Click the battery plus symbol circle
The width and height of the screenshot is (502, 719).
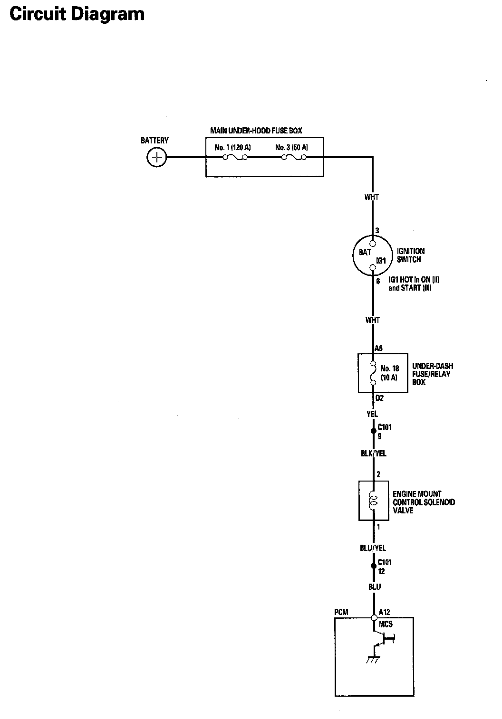157,157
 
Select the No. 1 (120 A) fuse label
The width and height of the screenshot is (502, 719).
232,147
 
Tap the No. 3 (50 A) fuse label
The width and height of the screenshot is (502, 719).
291,147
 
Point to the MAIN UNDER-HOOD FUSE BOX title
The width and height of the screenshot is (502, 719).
256,131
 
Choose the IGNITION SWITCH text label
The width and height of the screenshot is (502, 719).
411,255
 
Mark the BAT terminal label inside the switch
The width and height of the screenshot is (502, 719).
365,252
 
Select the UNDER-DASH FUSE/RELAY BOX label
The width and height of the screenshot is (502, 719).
432,374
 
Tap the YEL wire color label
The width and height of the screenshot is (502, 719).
372,414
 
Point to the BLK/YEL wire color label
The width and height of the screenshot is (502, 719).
374,454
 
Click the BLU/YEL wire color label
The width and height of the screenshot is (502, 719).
373,548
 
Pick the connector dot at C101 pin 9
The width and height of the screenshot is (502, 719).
373,431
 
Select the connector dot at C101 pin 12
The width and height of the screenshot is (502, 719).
373,566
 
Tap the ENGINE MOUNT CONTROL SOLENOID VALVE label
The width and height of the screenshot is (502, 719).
424,502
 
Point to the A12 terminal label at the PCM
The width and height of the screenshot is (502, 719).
385,612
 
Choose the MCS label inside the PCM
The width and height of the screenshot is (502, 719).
386,624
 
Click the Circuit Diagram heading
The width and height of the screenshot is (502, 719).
77,14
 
